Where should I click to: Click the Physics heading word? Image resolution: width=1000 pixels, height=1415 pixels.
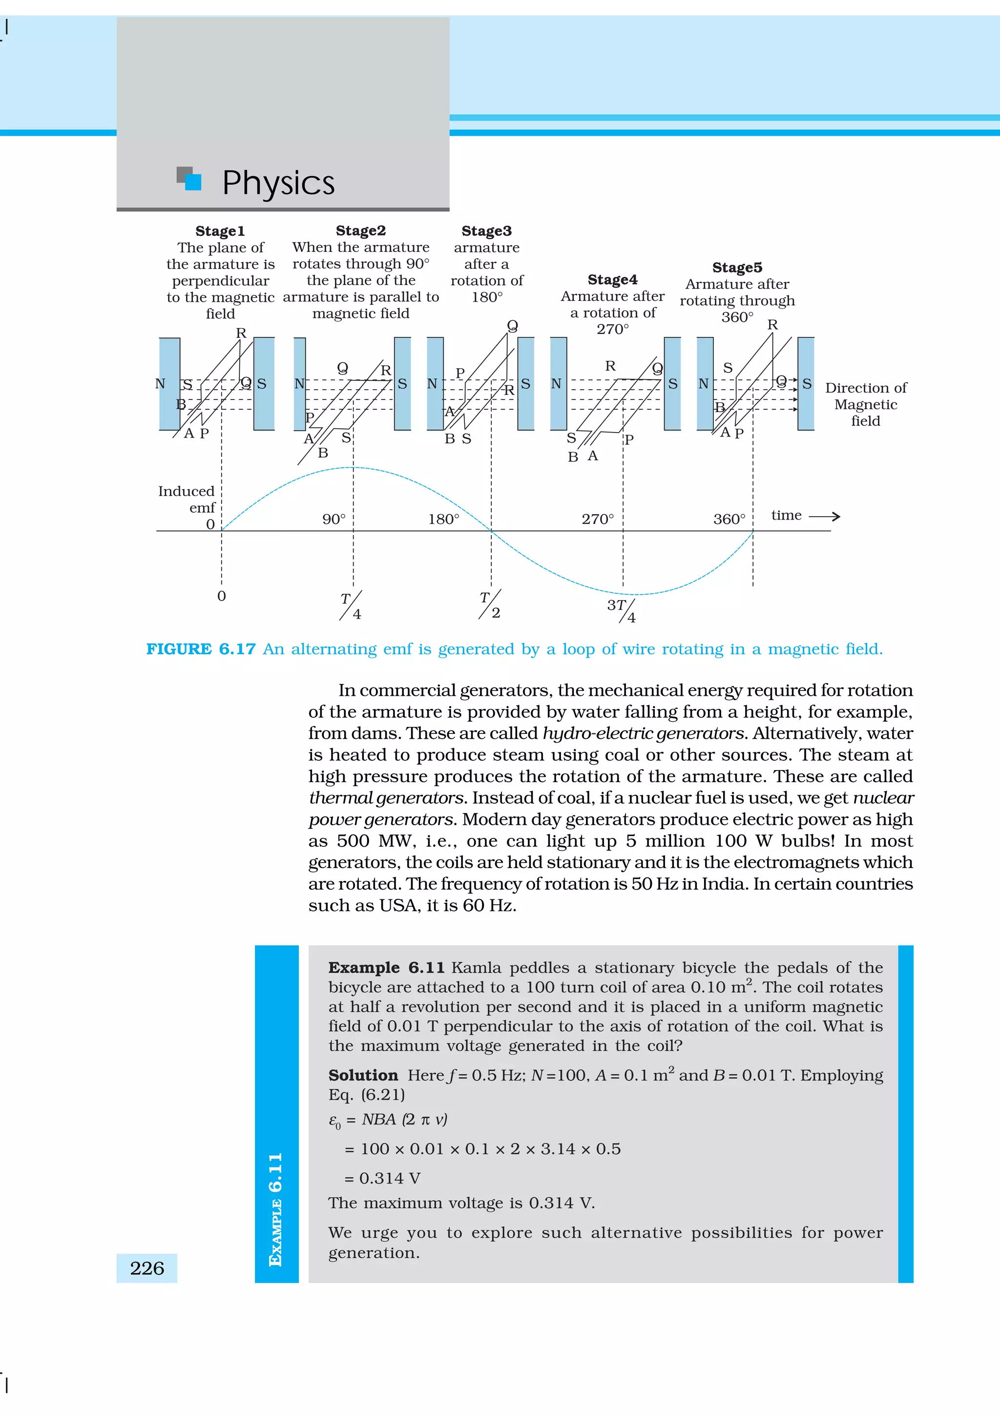278,183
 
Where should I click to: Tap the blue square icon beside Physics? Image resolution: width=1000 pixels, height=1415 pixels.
192,181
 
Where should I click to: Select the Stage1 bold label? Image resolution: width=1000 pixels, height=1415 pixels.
220,231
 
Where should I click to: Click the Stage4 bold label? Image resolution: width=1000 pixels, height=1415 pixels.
612,280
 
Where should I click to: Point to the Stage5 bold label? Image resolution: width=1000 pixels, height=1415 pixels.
737,268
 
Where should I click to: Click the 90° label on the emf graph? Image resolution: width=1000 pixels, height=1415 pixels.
334,520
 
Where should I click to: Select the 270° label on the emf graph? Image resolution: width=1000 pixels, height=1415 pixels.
598,520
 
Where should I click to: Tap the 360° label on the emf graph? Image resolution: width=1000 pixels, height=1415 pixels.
729,520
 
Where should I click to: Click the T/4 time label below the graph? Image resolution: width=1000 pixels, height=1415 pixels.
351,606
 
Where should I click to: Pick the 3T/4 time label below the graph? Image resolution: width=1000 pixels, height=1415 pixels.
621,610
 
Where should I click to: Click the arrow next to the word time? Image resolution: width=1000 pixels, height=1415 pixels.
824,517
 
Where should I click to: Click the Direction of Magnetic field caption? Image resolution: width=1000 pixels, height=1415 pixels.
865,404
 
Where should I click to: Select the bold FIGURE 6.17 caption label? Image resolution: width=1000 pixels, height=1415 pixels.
201,649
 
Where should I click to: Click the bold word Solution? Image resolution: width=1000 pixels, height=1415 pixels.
363,1076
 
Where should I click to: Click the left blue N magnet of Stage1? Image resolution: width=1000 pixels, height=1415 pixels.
169,383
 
